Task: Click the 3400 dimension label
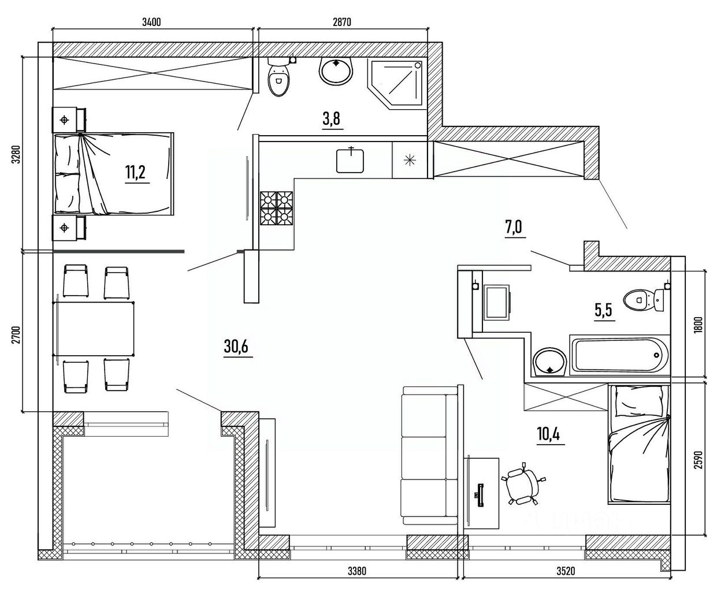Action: point(151,22)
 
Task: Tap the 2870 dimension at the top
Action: point(341,22)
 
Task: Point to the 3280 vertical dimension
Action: point(16,155)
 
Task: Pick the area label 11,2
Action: point(137,172)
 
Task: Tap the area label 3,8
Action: point(332,119)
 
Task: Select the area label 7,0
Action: point(514,227)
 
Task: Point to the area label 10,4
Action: point(549,434)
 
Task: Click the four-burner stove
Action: point(276,208)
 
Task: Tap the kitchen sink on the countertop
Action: point(350,160)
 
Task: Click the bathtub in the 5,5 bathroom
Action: point(619,355)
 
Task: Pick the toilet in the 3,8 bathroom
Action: point(279,77)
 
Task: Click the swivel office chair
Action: point(523,483)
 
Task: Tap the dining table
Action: point(94,329)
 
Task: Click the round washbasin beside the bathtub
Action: point(549,362)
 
